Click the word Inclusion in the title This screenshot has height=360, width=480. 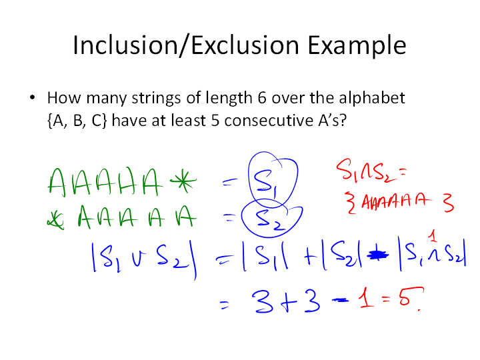click(125, 45)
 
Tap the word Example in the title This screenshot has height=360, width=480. click(357, 46)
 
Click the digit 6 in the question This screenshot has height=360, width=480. click(262, 98)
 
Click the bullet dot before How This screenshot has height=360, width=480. click(33, 98)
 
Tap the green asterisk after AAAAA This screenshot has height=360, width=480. click(183, 181)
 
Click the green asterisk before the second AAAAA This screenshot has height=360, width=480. click(55, 221)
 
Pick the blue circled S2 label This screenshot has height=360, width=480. click(269, 220)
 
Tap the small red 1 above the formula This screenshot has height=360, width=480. click(433, 236)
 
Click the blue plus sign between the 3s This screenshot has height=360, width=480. click(287, 302)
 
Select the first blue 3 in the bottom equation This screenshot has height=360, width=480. click(263, 301)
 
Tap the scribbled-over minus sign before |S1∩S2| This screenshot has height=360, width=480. click(378, 255)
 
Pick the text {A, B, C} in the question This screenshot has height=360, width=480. click(77, 120)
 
